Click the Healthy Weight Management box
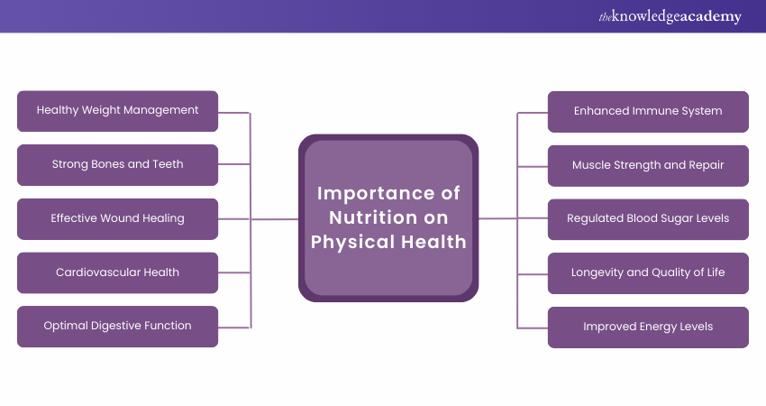point(117,111)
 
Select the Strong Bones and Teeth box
point(117,165)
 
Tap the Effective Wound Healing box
point(117,218)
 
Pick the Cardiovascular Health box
point(117,272)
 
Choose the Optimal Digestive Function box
point(117,327)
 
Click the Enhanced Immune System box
point(648,112)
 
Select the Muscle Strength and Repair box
point(648,165)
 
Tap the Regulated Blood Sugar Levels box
point(648,219)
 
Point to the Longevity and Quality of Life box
point(648,273)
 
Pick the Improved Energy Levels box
point(648,328)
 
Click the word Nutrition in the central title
point(373,217)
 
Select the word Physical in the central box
point(352,242)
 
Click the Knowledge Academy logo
point(670,16)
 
